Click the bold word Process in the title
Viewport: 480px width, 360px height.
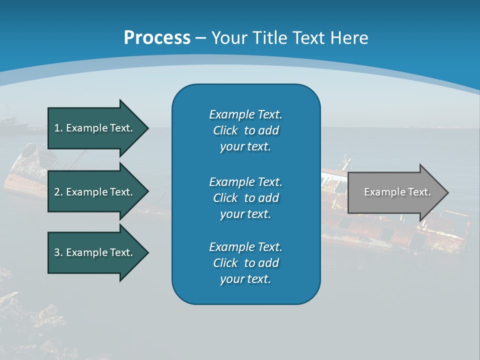[157, 38]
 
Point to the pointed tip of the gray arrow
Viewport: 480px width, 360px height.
[447, 192]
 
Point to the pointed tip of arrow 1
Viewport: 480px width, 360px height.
[147, 128]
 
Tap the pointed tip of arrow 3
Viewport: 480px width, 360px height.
[147, 252]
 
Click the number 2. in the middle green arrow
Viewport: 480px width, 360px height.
[58, 192]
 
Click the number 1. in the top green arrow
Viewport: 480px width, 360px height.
[58, 128]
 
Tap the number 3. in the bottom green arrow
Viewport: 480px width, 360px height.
[58, 252]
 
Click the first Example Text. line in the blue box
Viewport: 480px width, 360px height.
[245, 114]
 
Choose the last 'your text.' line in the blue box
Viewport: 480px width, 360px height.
[245, 279]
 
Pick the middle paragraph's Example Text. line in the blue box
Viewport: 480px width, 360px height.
[245, 181]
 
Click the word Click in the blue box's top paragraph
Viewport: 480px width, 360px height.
[225, 130]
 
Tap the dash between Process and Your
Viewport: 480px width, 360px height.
[200, 38]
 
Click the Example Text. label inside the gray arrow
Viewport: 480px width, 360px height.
[397, 192]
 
